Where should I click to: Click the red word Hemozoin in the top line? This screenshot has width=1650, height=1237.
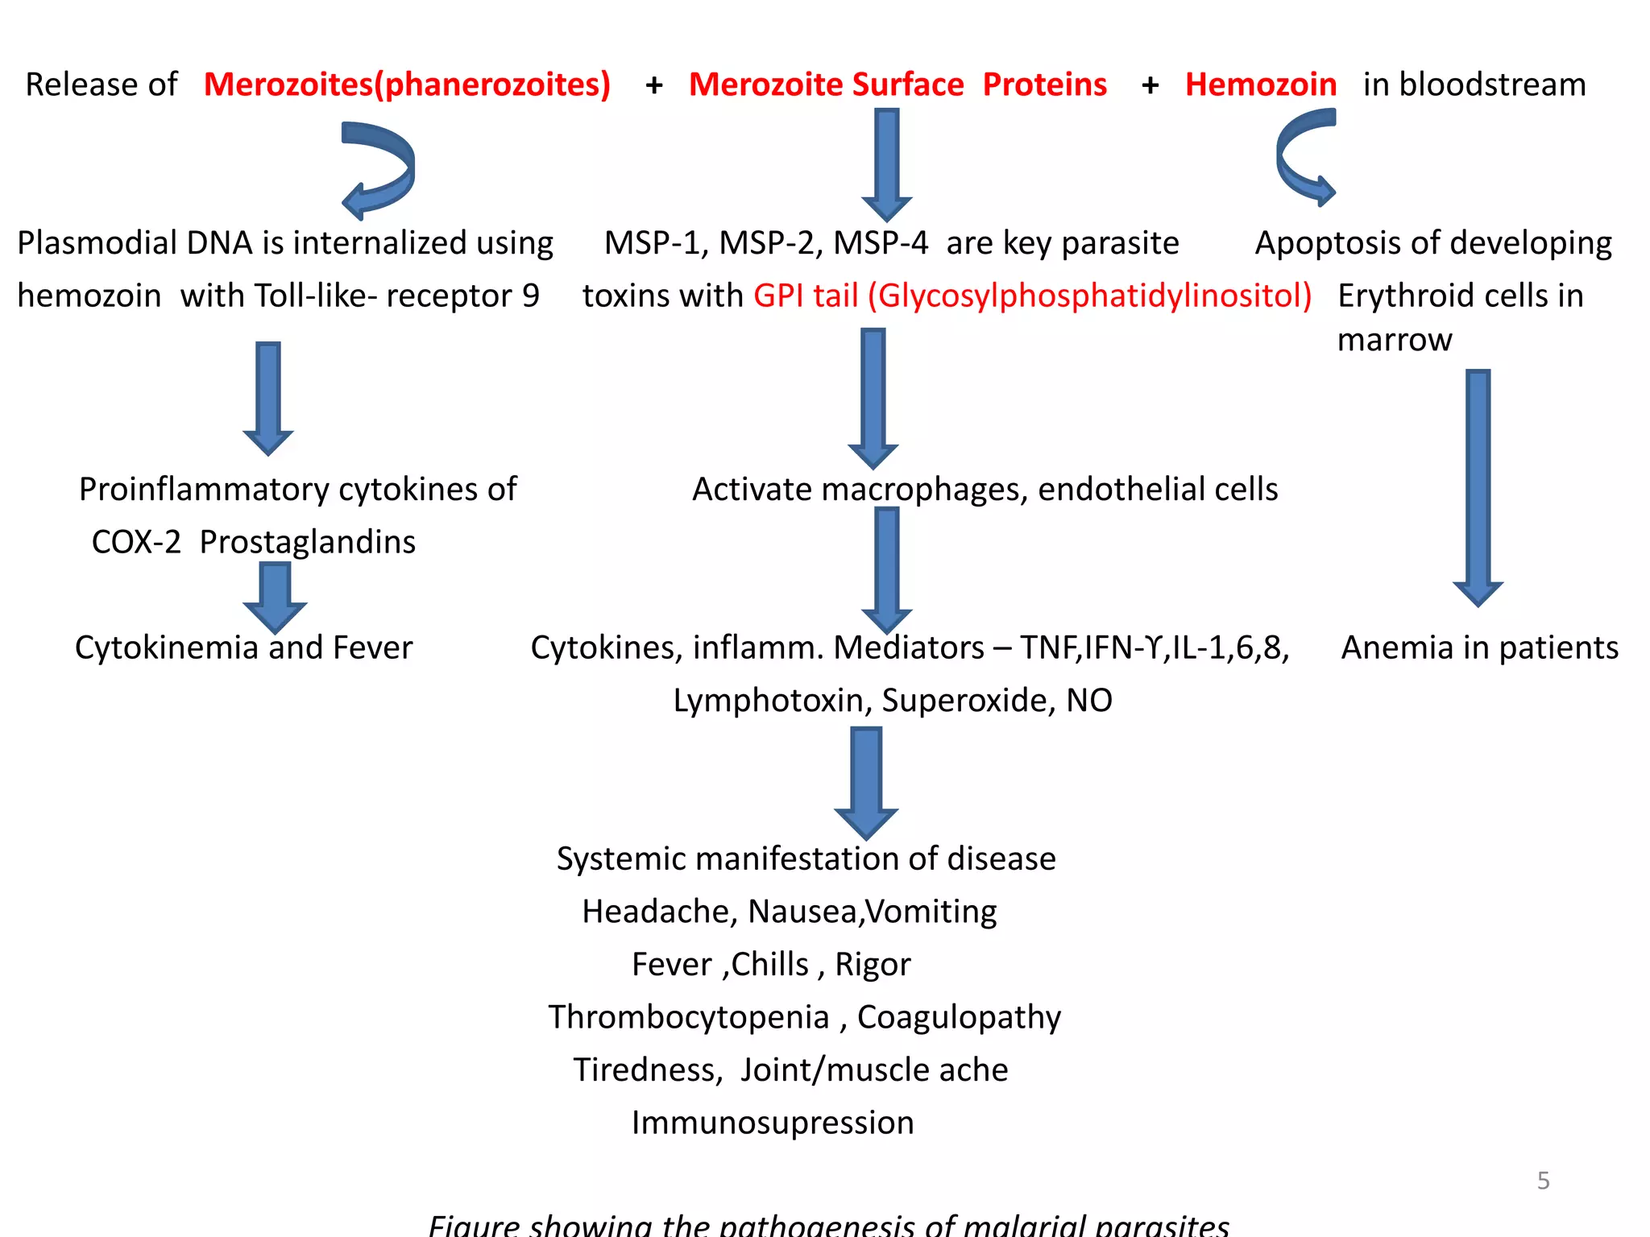coord(1260,85)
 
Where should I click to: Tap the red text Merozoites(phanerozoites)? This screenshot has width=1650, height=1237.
coord(407,85)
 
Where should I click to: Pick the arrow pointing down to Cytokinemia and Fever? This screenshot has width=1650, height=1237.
coord(275,597)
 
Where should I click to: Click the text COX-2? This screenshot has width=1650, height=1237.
coord(136,542)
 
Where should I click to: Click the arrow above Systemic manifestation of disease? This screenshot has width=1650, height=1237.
coord(866,782)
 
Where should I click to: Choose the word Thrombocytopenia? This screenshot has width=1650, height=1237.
coord(689,1017)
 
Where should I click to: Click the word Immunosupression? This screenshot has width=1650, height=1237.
coord(773,1123)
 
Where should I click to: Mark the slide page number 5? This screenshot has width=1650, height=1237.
coord(1543,1181)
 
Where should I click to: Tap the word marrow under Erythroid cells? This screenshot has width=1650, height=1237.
coord(1395,340)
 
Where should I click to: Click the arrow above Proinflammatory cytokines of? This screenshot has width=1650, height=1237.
coord(268,397)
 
